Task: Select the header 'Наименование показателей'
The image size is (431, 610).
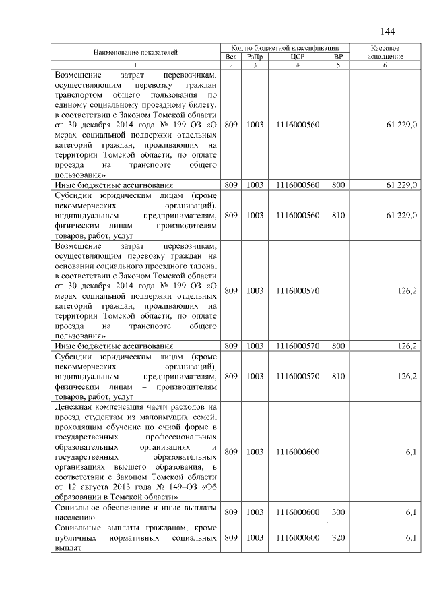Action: (135, 52)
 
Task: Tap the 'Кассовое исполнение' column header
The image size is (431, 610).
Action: (385, 53)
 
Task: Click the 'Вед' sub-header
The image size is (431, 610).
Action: (231, 57)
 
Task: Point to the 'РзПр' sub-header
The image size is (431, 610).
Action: (255, 57)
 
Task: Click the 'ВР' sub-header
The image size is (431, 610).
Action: (338, 57)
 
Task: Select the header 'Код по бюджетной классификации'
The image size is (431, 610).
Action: (284, 49)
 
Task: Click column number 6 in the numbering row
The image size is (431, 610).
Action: (385, 65)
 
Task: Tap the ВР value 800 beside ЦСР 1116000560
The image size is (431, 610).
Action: (338, 184)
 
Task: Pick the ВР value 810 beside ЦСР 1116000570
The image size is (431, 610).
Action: (338, 376)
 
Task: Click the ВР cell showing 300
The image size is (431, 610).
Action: (338, 512)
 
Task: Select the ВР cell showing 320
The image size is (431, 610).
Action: (338, 537)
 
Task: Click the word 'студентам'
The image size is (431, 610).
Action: (102, 417)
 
